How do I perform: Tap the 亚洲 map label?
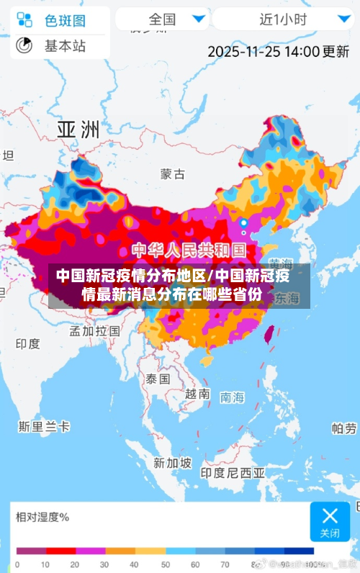78,130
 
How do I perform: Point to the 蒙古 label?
172,174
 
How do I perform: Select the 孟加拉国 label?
94,330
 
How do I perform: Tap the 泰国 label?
157,378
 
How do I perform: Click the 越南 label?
197,394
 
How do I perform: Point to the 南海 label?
233,397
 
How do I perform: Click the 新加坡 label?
172,462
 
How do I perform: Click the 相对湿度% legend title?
42,516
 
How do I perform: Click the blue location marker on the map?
243,223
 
